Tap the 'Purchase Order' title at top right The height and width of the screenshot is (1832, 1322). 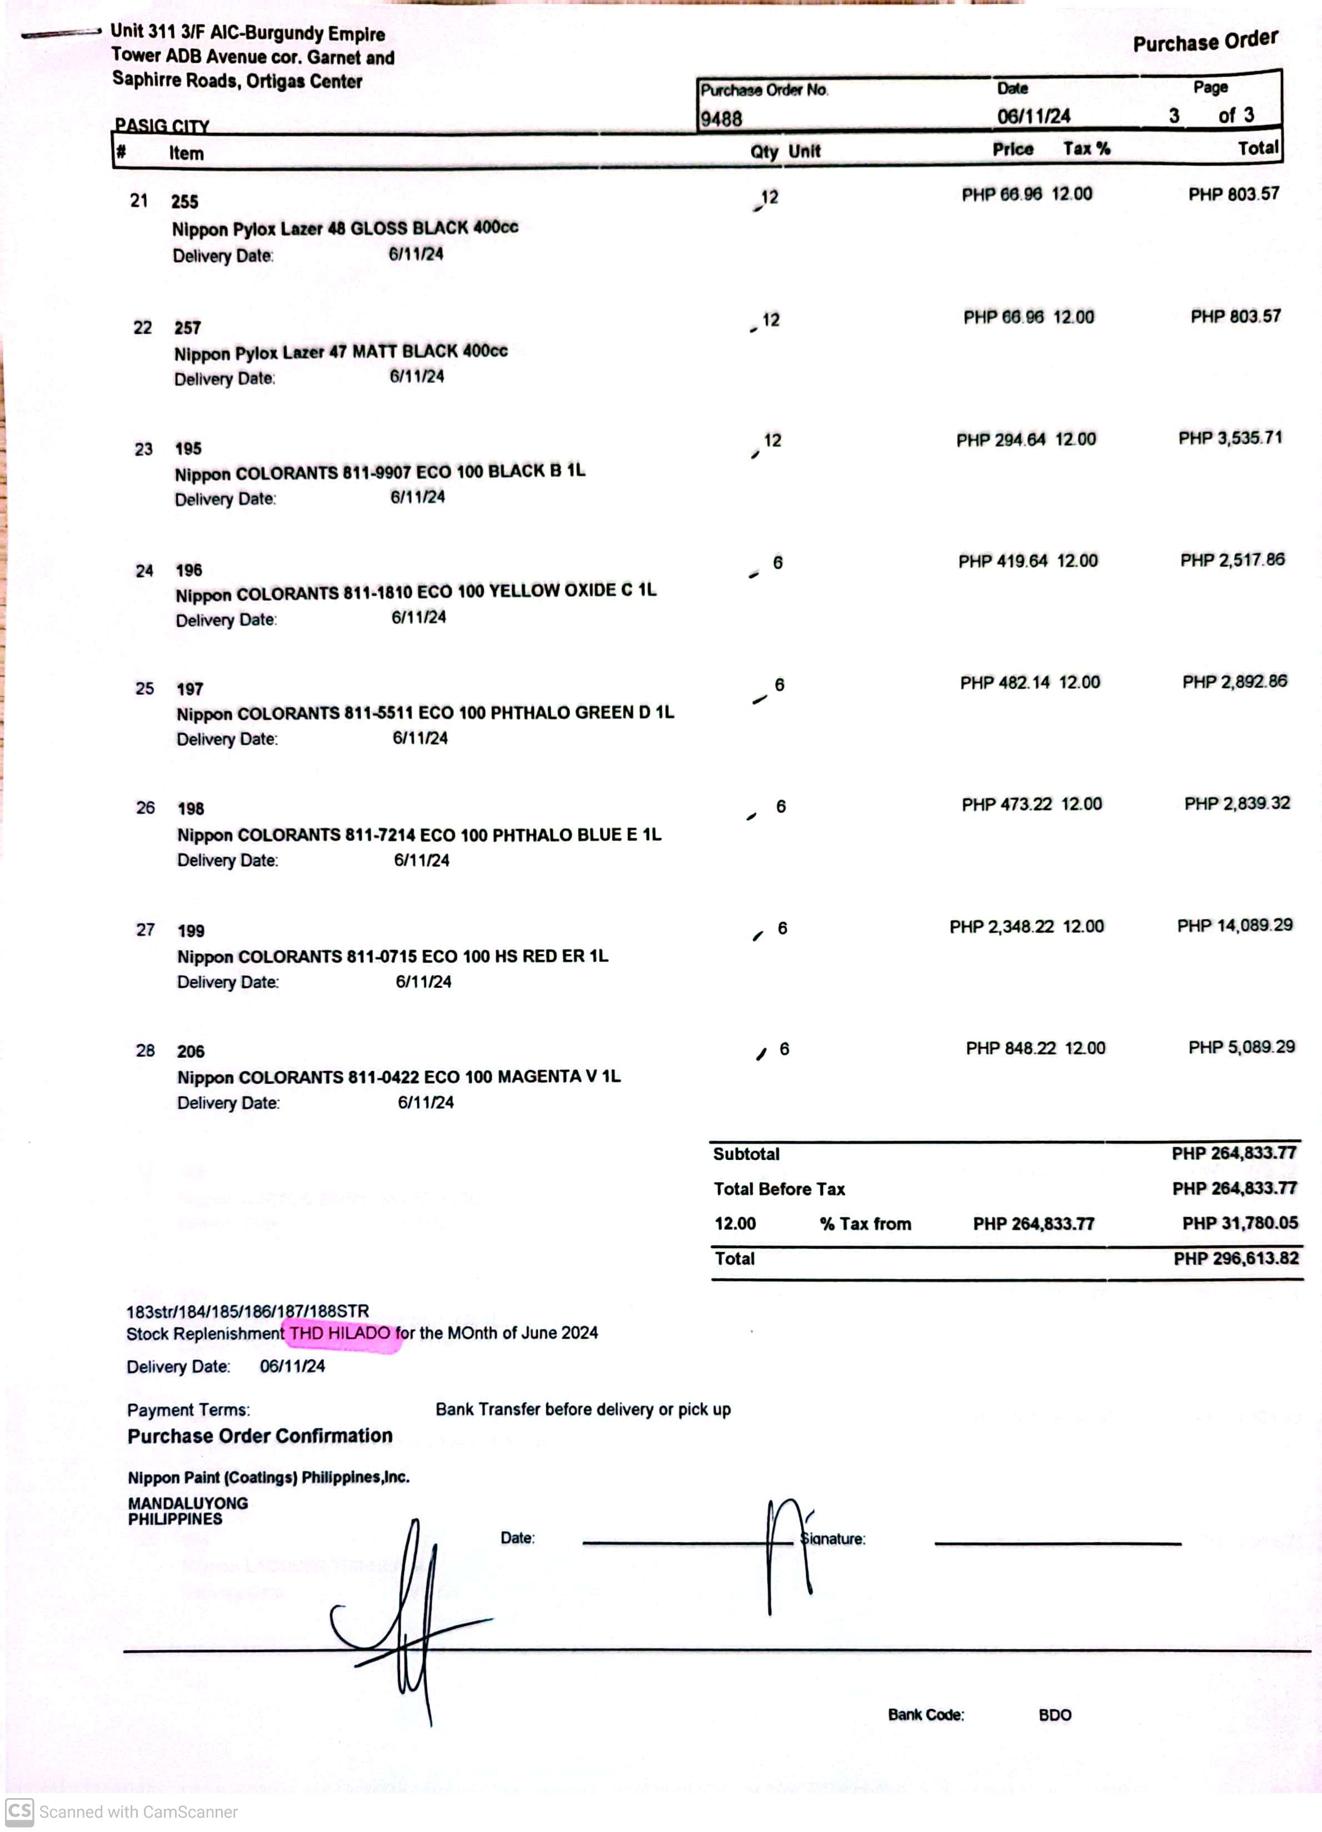tap(1205, 41)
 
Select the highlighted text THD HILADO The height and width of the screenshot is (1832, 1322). tap(340, 1334)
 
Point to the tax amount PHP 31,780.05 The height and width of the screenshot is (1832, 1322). tap(1240, 1223)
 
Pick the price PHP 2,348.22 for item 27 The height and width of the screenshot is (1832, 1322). tap(1001, 927)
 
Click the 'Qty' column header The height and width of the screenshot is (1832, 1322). tap(764, 152)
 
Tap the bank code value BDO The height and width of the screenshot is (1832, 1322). tap(1055, 1715)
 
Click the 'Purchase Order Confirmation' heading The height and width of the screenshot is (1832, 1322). tap(260, 1435)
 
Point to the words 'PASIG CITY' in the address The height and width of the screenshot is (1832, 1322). tap(162, 125)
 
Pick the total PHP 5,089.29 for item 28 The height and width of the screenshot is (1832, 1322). tap(1241, 1047)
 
